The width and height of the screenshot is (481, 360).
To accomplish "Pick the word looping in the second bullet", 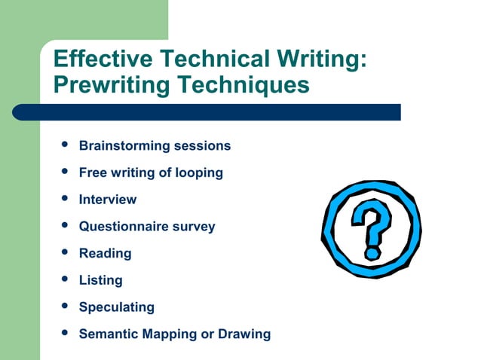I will pyautogui.click(x=198, y=172).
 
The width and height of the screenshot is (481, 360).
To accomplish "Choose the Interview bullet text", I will pyautogui.click(x=108, y=200).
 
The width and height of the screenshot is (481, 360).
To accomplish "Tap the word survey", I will pyautogui.click(x=193, y=226).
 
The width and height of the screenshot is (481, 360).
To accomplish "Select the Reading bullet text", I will pyautogui.click(x=105, y=253).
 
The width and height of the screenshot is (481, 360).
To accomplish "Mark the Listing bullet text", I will pyautogui.click(x=100, y=280).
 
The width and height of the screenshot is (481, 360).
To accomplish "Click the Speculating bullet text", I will pyautogui.click(x=116, y=307).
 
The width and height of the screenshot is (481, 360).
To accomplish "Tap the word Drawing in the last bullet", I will pyautogui.click(x=244, y=334).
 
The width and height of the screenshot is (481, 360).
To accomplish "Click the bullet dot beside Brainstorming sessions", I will pyautogui.click(x=65, y=144).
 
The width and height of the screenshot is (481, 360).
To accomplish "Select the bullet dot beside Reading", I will pyautogui.click(x=65, y=252).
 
